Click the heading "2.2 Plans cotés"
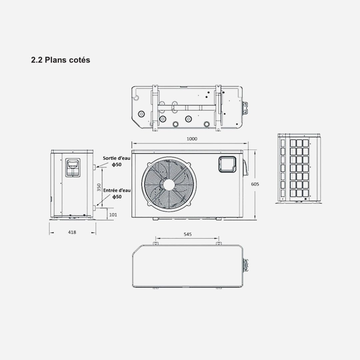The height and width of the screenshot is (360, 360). (61, 60)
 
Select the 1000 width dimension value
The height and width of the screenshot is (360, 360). (192, 139)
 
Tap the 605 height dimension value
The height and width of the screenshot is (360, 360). (255, 184)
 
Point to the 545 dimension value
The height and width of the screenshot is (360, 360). (188, 234)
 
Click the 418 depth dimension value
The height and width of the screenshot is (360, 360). (72, 232)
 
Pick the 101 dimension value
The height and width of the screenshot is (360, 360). (113, 215)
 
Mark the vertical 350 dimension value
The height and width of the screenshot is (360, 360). (99, 187)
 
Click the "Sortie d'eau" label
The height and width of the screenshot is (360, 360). (116, 158)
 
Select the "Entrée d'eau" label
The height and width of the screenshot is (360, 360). (117, 190)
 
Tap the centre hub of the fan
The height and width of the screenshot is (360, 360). (169, 184)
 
